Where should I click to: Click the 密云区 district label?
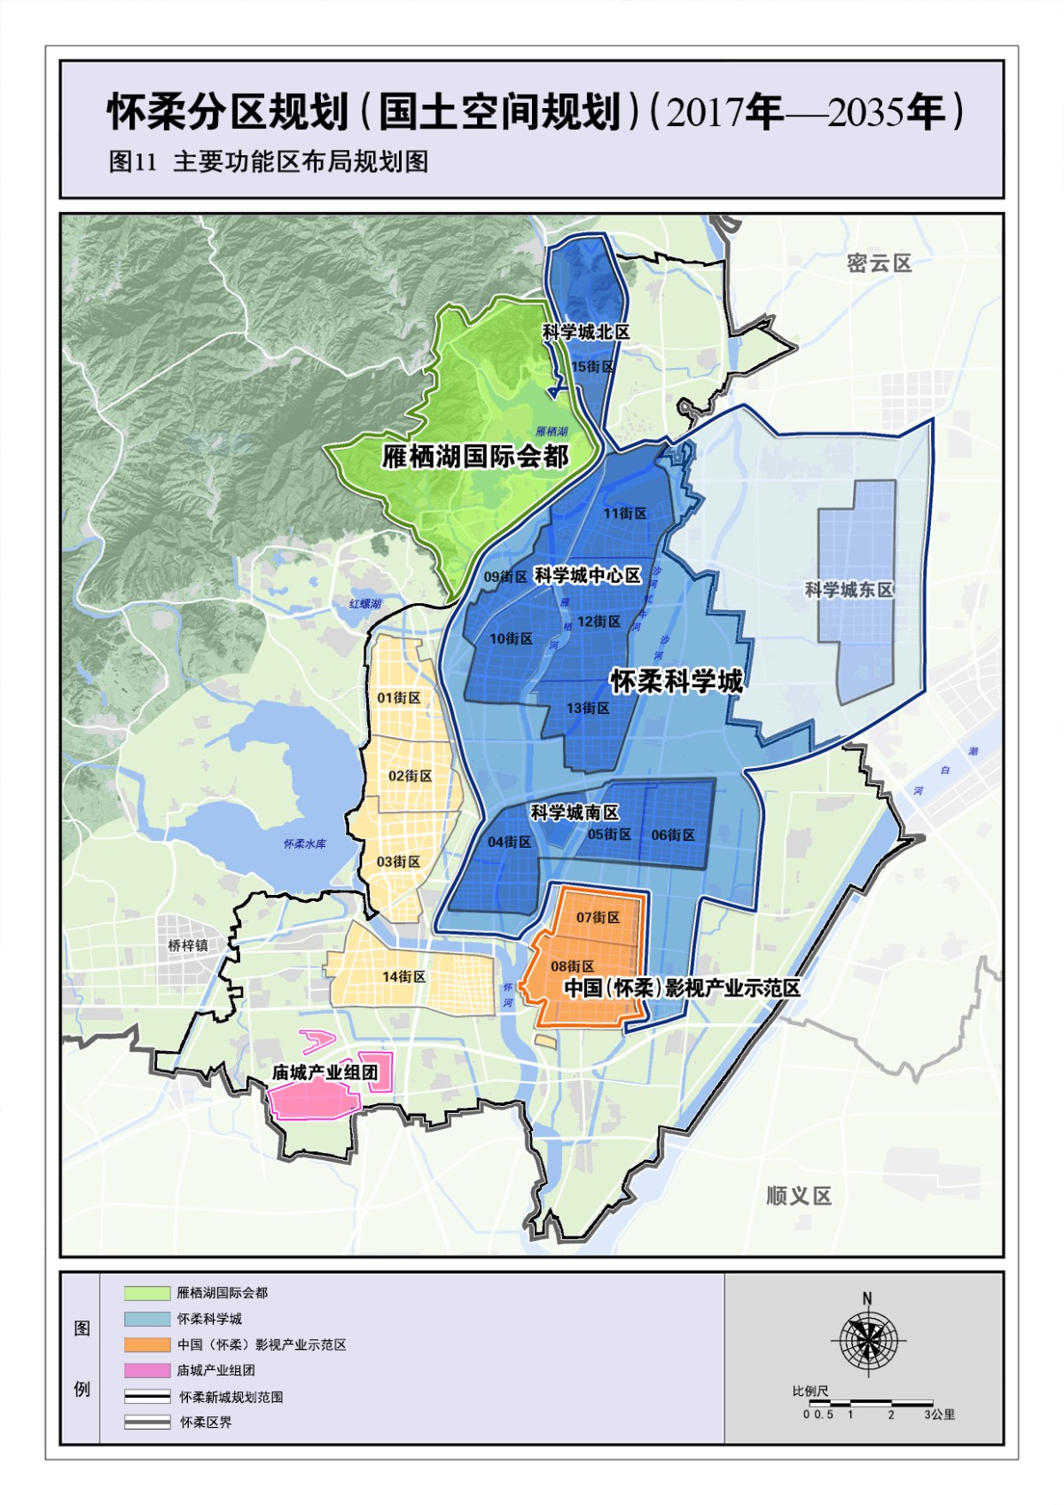click(879, 263)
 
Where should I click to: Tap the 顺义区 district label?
click(799, 1196)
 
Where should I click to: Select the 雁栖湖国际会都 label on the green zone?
click(475, 457)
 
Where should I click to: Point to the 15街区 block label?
click(592, 367)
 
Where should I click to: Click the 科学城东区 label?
click(849, 590)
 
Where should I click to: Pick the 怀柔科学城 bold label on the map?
click(677, 681)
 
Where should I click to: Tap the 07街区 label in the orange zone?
click(598, 917)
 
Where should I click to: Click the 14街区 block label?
click(403, 976)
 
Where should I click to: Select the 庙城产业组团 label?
click(325, 1072)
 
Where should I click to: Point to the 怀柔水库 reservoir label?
click(304, 843)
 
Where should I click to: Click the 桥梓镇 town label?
click(188, 945)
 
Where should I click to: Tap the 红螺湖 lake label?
click(364, 604)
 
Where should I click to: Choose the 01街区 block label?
click(398, 698)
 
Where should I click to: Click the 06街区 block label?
click(673, 835)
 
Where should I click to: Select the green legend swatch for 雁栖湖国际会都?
click(147, 1293)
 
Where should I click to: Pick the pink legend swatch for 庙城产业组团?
click(147, 1370)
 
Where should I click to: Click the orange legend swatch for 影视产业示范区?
click(147, 1344)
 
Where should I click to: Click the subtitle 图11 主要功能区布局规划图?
click(269, 161)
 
